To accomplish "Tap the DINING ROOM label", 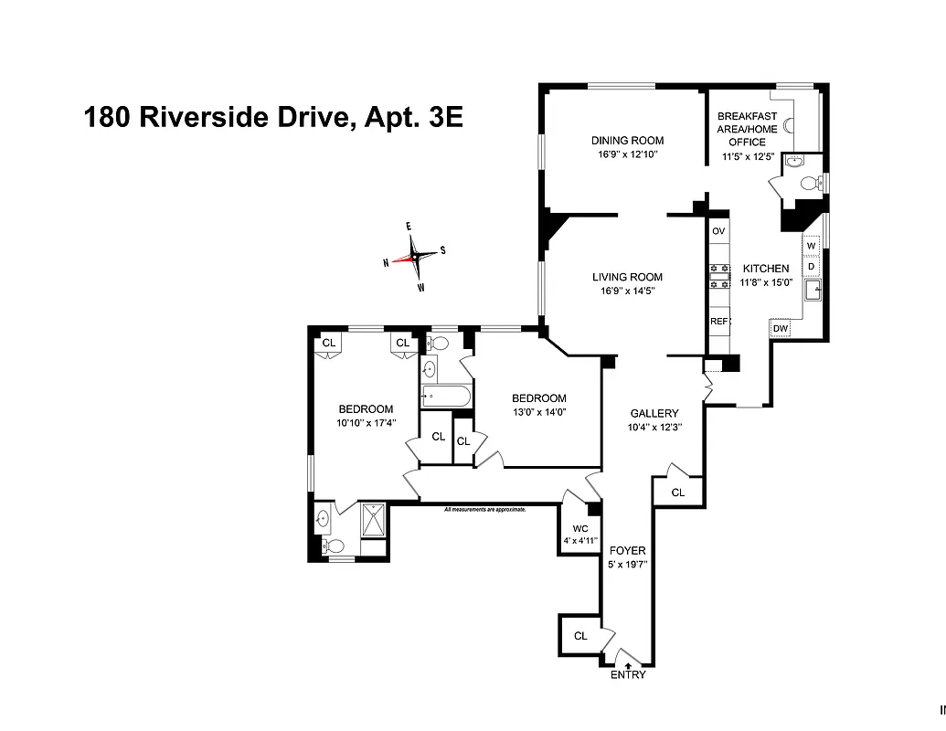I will point(627,141).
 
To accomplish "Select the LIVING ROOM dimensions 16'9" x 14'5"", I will point(627,291).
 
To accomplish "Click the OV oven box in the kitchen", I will point(718,231).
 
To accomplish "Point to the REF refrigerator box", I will point(718,322).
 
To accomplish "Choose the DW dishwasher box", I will point(781,328).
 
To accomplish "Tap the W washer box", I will point(811,246).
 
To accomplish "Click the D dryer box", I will point(811,266).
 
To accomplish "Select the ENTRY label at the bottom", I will point(628,675).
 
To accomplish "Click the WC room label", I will point(580,529).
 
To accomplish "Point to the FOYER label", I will point(627,551).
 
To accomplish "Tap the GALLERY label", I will point(654,414).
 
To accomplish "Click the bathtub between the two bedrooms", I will point(446,397).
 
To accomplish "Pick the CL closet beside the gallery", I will point(677,493).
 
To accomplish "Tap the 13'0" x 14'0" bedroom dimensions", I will point(538,411).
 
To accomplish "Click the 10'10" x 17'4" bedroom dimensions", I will point(366,422).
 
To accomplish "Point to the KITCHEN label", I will point(765,269).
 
